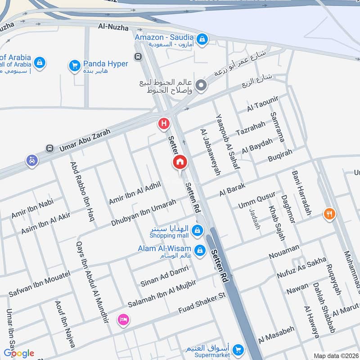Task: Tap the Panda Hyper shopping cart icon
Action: (x=75, y=66)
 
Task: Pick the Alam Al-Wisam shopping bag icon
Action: (x=200, y=250)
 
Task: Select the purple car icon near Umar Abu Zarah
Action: (x=31, y=160)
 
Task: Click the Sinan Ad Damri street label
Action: (x=164, y=276)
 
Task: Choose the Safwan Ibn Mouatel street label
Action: (x=40, y=284)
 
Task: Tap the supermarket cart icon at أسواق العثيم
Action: (x=238, y=349)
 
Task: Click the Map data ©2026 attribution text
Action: (x=335, y=355)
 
